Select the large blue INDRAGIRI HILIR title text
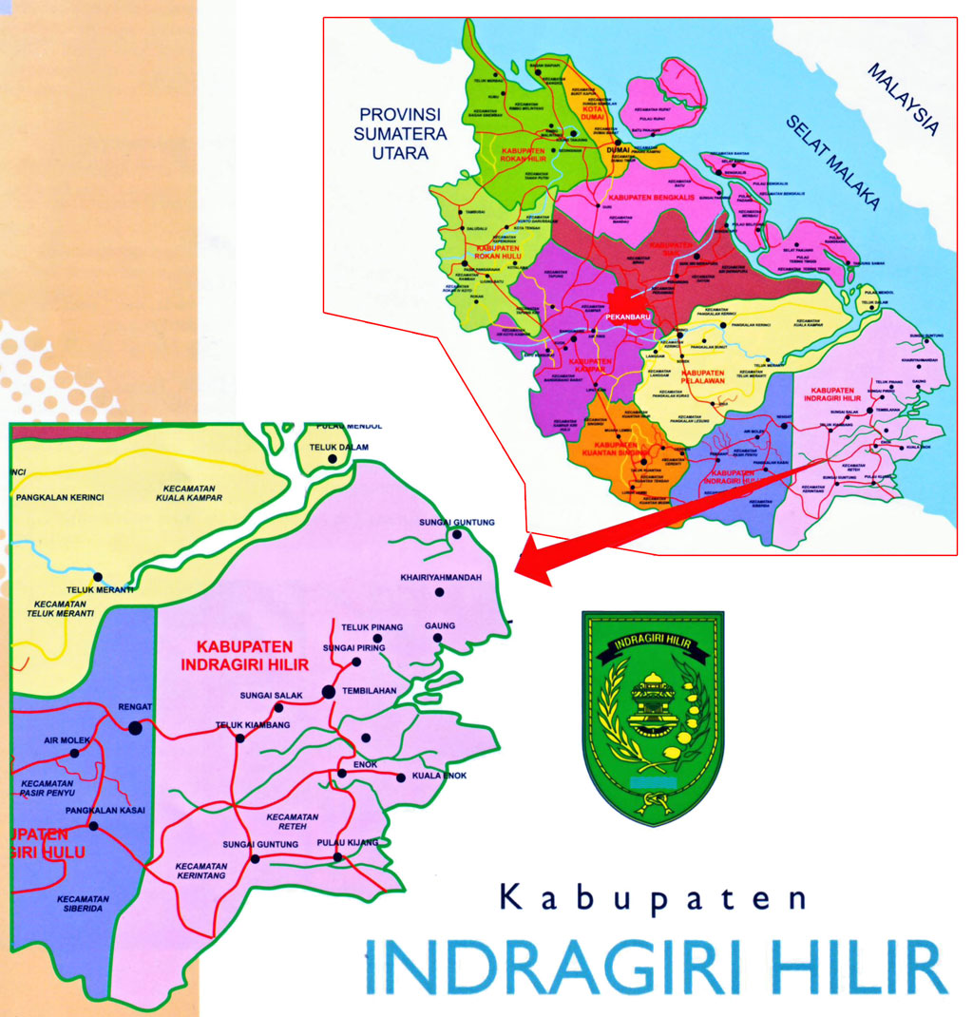(656, 967)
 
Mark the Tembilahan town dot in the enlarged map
(328, 692)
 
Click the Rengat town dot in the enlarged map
(135, 728)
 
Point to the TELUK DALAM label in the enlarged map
(334, 447)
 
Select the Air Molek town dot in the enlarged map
(75, 753)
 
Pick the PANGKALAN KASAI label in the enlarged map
(105, 810)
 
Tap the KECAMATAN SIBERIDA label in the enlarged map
(83, 904)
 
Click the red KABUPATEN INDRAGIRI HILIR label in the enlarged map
(246, 656)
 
